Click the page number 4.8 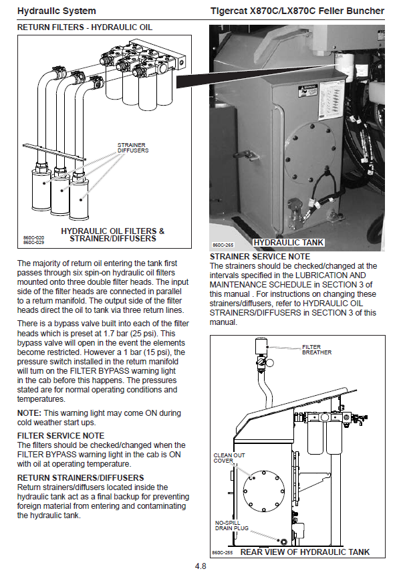200,566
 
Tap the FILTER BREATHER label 316,350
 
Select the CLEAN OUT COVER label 229,457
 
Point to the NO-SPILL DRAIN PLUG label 232,525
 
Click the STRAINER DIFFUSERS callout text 133,148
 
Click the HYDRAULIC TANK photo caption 289,243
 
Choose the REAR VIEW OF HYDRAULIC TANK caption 305,552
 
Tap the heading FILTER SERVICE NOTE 61,436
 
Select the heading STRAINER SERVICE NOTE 260,257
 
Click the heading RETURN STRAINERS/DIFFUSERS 81,478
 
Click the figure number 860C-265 223,245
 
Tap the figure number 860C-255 223,553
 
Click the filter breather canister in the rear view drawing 261,346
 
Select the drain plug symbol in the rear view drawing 283,541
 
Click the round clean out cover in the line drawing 264,491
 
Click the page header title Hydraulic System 56,11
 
